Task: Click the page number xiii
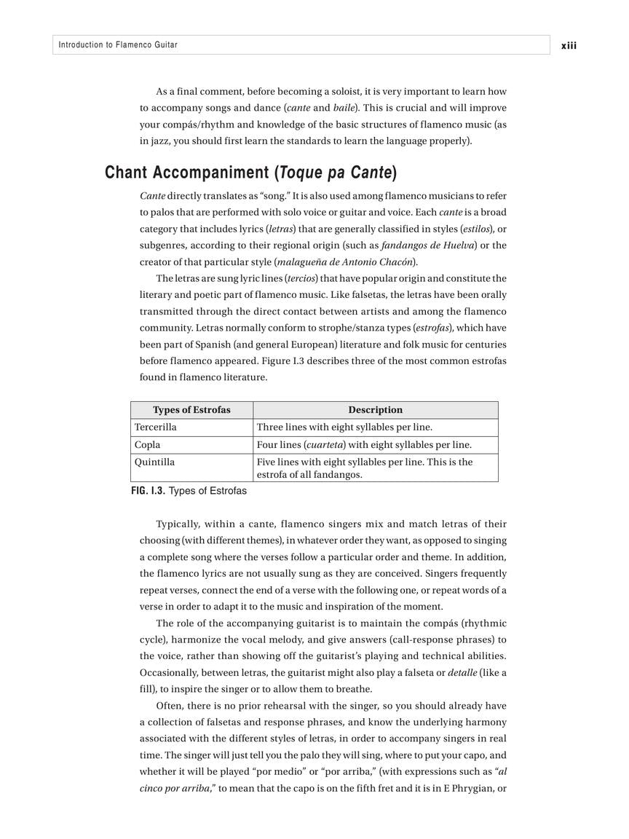tap(569, 45)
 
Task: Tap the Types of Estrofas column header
tap(191, 410)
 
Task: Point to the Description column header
tap(375, 410)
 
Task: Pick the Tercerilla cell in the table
tap(156, 428)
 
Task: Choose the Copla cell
tap(148, 445)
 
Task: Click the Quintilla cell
tap(155, 462)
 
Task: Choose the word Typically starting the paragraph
tap(178, 524)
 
